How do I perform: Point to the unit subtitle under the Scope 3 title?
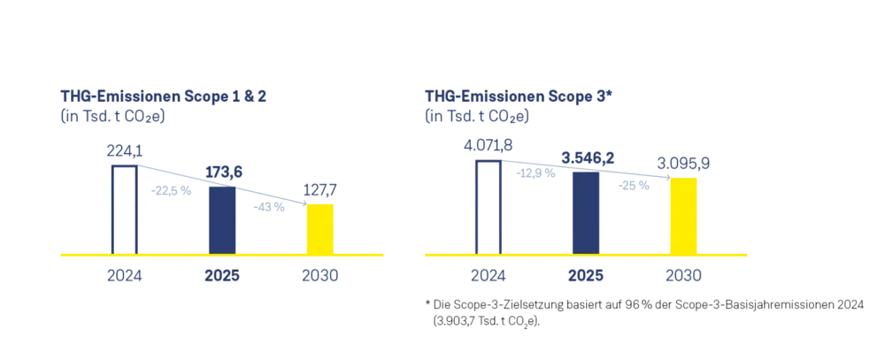(x=477, y=115)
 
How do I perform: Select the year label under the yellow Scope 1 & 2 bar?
(x=320, y=277)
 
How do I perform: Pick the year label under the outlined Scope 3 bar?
(x=489, y=277)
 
